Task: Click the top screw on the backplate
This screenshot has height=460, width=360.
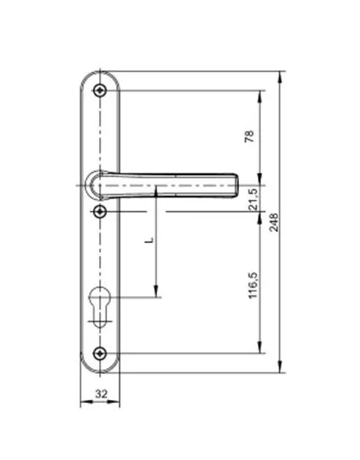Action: click(x=100, y=91)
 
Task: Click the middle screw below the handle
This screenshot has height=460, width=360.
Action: click(x=100, y=211)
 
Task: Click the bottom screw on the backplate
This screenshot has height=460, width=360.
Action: click(x=100, y=353)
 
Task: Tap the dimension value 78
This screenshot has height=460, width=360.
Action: click(x=249, y=137)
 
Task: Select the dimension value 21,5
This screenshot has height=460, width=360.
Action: click(x=253, y=199)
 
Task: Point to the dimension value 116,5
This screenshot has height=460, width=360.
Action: click(x=253, y=285)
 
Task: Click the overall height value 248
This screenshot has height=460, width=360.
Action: click(x=274, y=223)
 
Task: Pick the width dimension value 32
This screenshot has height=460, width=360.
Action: click(x=102, y=394)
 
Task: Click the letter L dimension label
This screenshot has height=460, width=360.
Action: click(x=149, y=240)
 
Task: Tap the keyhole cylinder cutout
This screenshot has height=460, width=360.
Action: click(x=100, y=307)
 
